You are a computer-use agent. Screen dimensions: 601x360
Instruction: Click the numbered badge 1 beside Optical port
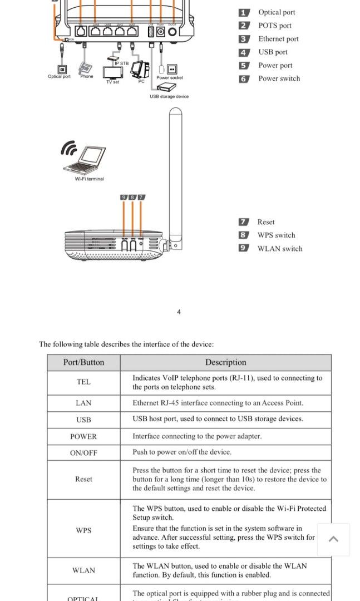(x=244, y=12)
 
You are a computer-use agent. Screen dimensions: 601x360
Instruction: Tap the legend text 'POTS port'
(x=274, y=26)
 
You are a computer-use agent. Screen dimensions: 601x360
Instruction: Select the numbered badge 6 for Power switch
(x=244, y=79)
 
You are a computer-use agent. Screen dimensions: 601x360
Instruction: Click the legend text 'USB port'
(x=273, y=52)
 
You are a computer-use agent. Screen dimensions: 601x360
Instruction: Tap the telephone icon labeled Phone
(x=85, y=68)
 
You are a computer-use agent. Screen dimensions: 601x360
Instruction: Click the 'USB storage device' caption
(x=169, y=96)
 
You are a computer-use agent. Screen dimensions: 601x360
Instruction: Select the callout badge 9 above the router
(x=124, y=197)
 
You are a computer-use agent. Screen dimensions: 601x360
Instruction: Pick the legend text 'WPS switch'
(x=276, y=235)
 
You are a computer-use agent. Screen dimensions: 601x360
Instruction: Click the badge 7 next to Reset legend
(x=244, y=222)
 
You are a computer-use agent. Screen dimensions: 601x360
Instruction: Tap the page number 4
(x=179, y=312)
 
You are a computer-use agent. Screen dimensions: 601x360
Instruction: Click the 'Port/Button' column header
(x=83, y=362)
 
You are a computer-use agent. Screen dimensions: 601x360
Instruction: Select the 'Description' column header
(x=225, y=362)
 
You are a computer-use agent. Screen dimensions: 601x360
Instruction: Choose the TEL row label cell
(x=83, y=382)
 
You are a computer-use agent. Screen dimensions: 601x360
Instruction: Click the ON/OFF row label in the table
(x=83, y=453)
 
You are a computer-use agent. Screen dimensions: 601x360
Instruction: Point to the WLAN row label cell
(x=83, y=570)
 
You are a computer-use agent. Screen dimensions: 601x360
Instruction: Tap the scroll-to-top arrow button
(x=333, y=539)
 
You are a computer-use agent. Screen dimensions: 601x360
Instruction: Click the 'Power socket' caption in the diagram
(x=170, y=78)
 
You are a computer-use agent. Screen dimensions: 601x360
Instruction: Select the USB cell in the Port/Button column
(x=83, y=420)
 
